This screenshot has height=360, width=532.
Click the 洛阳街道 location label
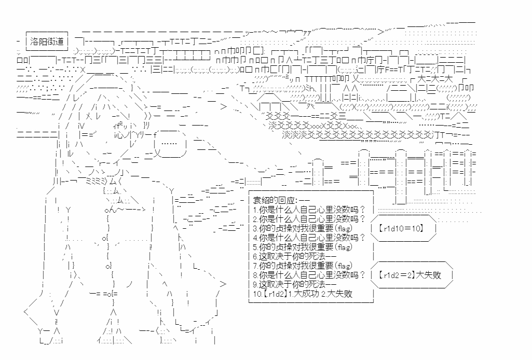point(47,42)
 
